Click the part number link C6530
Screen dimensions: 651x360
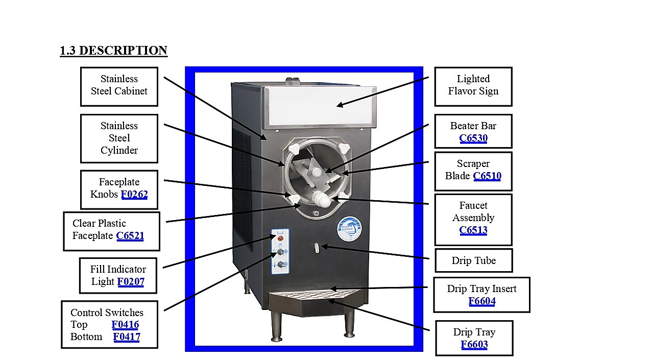(473, 138)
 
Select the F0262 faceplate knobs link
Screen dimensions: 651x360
(134, 194)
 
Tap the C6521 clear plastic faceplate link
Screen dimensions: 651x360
(130, 235)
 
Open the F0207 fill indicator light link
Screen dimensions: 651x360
(131, 281)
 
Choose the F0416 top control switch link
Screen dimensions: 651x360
(125, 324)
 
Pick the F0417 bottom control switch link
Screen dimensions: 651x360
(127, 337)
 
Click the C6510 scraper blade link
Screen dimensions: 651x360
(487, 176)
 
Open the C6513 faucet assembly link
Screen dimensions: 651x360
(473, 230)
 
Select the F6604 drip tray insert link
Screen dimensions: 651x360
(482, 301)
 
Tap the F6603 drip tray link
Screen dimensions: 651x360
(474, 344)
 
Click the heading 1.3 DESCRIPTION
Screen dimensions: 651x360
(114, 50)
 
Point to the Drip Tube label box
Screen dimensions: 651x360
(474, 260)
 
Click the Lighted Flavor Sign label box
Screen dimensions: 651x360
(473, 87)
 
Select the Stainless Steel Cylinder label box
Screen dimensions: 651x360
(119, 138)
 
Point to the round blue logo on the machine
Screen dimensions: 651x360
(349, 229)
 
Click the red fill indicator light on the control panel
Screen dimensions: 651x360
(280, 238)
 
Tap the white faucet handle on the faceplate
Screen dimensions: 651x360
(322, 199)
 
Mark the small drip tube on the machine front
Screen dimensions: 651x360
(317, 248)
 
